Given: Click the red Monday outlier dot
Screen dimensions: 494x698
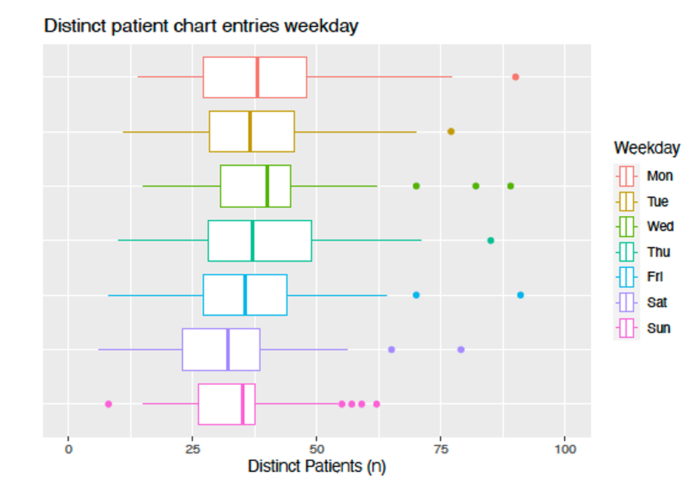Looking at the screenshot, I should [x=516, y=77].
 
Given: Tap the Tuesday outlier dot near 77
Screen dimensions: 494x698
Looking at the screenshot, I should [x=451, y=131].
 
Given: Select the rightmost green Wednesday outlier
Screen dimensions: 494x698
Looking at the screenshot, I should [x=510, y=186].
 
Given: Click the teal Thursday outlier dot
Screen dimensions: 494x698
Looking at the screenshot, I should [x=491, y=240].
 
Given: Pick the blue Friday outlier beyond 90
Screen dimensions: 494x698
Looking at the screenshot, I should [x=520, y=295].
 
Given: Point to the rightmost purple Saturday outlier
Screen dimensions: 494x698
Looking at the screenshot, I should [x=461, y=349].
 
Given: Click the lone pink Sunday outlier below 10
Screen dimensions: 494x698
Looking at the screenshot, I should [x=109, y=404].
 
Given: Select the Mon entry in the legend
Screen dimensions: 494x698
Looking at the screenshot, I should [x=660, y=176].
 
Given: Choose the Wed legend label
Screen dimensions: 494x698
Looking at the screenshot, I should [x=660, y=227].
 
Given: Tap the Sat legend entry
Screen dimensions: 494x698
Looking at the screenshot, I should [x=657, y=303].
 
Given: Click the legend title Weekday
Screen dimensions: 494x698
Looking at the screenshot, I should [x=647, y=148].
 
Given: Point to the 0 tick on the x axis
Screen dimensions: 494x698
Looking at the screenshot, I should [x=69, y=450].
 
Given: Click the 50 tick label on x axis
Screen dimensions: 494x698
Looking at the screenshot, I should [x=317, y=450].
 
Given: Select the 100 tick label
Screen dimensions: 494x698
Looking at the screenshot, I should [x=565, y=450].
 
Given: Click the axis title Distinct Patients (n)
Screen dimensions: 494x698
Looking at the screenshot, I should [x=317, y=467].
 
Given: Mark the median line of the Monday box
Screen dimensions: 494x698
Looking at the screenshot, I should [x=258, y=77].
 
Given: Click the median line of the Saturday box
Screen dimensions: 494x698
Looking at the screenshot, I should [x=228, y=349].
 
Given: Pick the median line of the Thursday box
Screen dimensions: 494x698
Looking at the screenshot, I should [x=253, y=240].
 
